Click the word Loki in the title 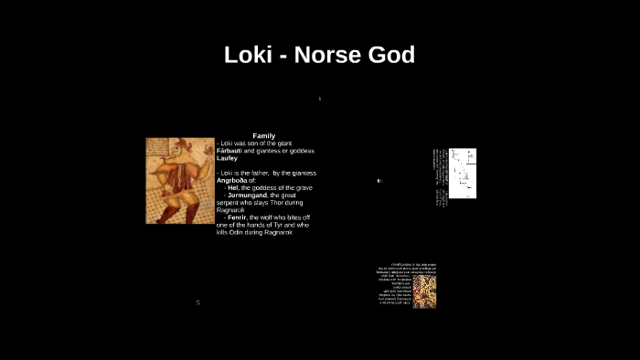coord(247,55)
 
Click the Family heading coord(263,136)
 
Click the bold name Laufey coord(227,158)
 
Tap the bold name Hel coord(232,187)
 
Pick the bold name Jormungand coord(247,195)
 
